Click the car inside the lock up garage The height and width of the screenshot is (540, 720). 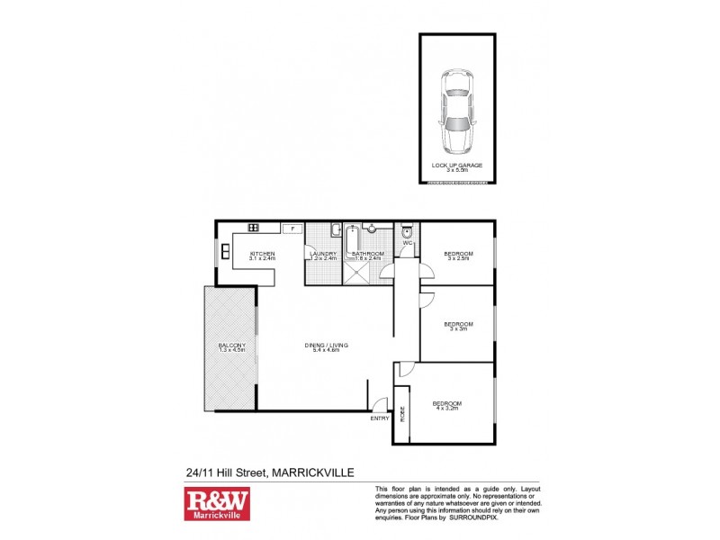(x=458, y=111)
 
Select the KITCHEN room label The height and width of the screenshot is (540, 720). (x=262, y=256)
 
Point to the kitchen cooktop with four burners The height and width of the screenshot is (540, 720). (x=254, y=228)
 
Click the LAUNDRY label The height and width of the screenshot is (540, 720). (x=323, y=256)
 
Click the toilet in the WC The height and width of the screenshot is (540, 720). (x=407, y=229)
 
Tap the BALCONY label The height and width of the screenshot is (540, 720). (x=231, y=348)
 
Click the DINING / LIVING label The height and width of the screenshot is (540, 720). (x=326, y=347)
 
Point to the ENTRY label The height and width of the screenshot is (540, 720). (x=380, y=418)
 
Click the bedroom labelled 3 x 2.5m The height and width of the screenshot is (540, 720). (x=458, y=256)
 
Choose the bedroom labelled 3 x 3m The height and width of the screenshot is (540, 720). (x=458, y=326)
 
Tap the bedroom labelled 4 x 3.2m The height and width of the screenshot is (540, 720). (x=447, y=405)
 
